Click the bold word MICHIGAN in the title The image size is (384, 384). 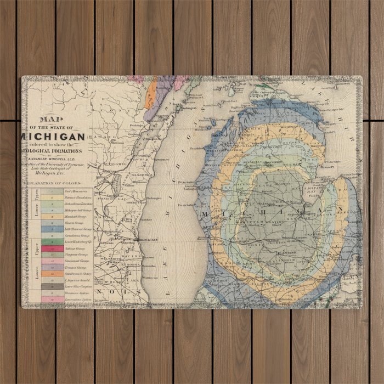click(53, 136)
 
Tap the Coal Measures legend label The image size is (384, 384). click(72, 190)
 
